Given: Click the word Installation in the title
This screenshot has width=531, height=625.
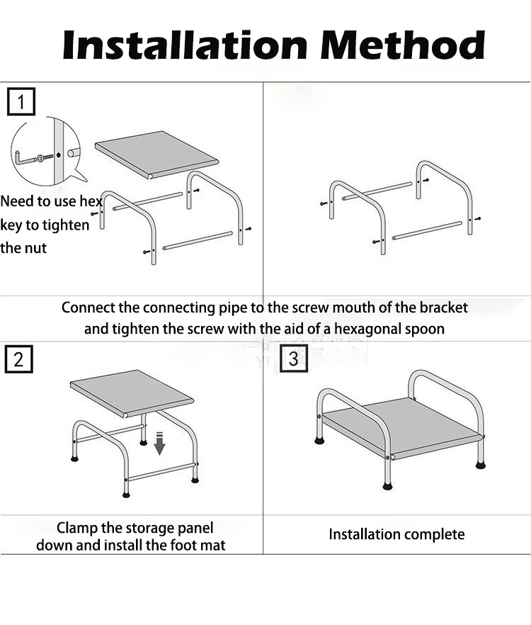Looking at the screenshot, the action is pos(185,45).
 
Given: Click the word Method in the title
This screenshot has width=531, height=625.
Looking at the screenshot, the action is pos(403,45).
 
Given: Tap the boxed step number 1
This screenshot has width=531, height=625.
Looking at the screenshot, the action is pos(21,101).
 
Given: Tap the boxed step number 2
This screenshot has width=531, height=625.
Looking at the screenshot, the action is pos(18,359).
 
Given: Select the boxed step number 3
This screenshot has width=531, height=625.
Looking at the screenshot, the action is pos(294,358).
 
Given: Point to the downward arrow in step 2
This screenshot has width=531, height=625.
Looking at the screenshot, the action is pos(159,444).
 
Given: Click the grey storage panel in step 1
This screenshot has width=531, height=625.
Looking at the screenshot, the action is pos(156,154).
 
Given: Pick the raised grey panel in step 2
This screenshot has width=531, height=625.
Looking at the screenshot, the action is pos(132,393).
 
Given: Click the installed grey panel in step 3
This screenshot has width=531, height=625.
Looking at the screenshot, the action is pos(402,429).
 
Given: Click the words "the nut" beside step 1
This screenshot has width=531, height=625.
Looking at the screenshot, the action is pos(23,248).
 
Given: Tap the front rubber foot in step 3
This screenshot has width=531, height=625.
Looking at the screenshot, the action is pos(387,486).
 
